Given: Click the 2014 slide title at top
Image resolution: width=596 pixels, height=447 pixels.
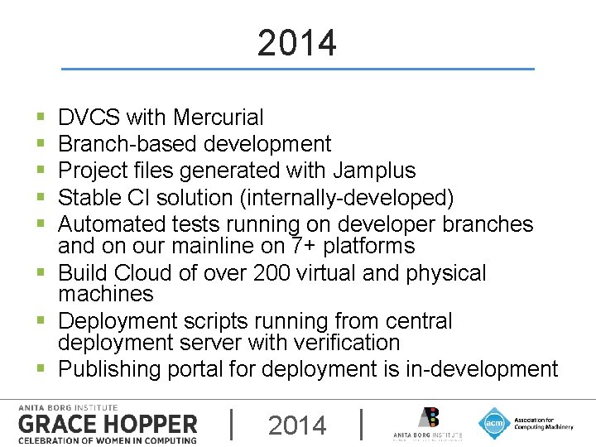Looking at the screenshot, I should coord(297,43).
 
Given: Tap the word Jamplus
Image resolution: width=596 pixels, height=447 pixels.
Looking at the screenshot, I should coord(374,171).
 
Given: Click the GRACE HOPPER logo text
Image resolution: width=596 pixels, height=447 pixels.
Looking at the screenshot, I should coord(108,425).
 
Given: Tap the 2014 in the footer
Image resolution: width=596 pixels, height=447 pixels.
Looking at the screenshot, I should coord(297,425).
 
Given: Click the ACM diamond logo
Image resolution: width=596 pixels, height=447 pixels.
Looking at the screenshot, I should coord(494,423).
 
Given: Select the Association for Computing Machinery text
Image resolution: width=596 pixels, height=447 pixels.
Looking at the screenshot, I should coord(542,423).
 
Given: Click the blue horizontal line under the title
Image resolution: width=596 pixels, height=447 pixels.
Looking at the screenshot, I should coord(297,69).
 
